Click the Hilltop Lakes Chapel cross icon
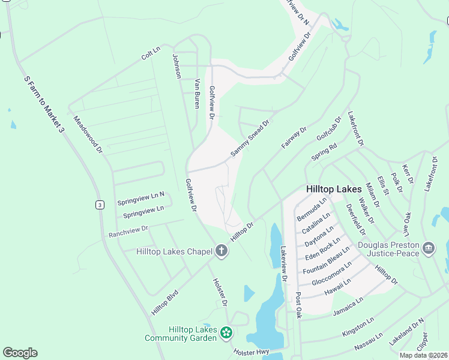(x=221, y=251)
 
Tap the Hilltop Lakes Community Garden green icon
(x=226, y=332)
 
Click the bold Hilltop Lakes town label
(x=334, y=188)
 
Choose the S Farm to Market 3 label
(x=44, y=104)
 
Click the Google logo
(x=20, y=353)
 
